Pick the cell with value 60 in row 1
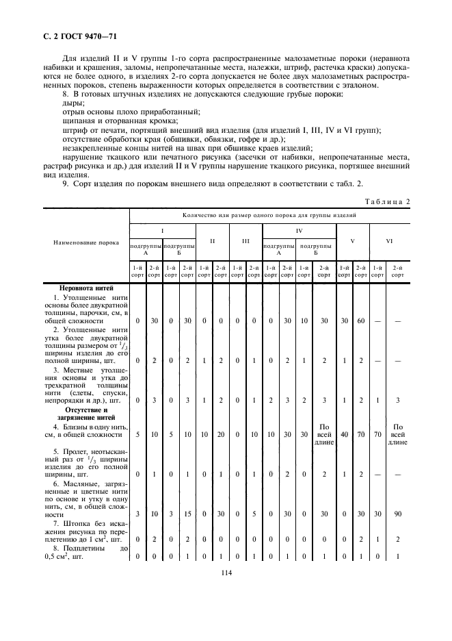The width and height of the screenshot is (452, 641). point(360,320)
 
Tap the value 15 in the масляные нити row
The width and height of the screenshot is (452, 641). point(186,514)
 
